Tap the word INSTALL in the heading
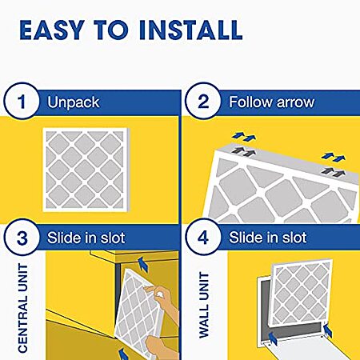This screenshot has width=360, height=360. point(190,30)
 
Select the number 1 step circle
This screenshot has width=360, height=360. point(22,101)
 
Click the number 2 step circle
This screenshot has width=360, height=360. point(203,101)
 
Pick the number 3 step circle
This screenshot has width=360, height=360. point(22,237)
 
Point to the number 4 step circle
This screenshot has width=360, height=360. point(203,237)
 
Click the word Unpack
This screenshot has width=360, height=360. point(74,102)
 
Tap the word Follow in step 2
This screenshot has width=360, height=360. point(250,102)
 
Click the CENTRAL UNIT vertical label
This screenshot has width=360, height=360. point(23,308)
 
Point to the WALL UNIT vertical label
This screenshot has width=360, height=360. point(204,305)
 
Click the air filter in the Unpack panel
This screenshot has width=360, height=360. point(86,170)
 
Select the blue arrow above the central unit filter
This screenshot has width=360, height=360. point(143,264)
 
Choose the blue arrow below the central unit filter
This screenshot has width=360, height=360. point(124,354)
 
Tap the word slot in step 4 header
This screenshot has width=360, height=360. point(294,238)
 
